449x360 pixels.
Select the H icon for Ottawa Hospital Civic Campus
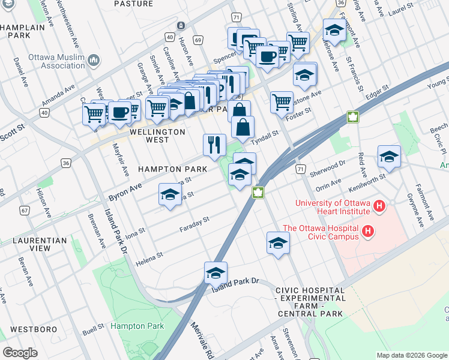(369, 231)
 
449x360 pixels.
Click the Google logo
(20, 353)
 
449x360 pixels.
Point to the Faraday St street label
(194, 224)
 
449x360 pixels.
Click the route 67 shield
(25, 210)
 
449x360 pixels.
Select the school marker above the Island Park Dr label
(215, 272)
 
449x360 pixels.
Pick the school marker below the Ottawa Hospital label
(278, 242)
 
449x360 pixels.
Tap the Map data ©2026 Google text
(412, 355)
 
